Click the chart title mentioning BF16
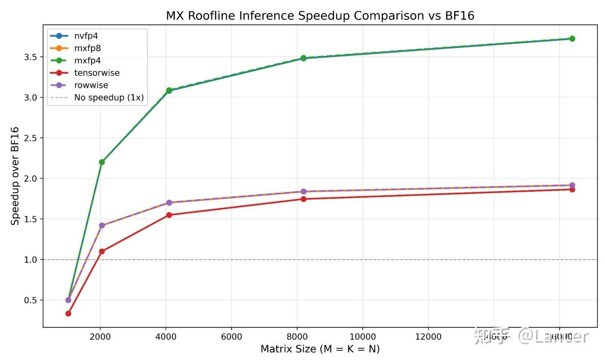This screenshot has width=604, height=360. [x=320, y=16]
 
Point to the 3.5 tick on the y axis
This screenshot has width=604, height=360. [x=30, y=57]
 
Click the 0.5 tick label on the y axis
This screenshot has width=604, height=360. [x=30, y=301]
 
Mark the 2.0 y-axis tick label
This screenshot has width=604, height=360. [x=30, y=178]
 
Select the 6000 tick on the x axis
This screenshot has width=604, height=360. [x=231, y=337]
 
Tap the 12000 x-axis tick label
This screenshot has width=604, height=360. [x=428, y=337]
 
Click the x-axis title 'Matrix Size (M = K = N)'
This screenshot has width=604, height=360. [x=320, y=349]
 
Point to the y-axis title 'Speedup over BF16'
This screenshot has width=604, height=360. [x=16, y=175]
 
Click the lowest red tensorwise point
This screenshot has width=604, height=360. [x=68, y=313]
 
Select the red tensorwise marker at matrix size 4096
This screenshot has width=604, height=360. [x=169, y=215]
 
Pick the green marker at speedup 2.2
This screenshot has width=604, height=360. [x=102, y=162]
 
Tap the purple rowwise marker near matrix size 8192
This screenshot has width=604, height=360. [x=304, y=192]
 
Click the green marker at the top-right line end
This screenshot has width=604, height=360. [x=572, y=39]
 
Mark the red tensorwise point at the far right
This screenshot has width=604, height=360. [x=572, y=189]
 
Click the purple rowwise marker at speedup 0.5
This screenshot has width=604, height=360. [x=68, y=300]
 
